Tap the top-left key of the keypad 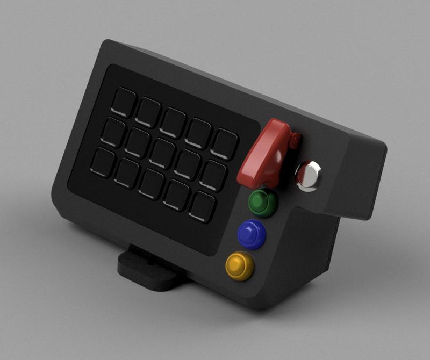pyautogui.click(x=125, y=101)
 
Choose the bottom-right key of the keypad pyautogui.click(x=202, y=206)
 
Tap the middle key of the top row pyautogui.click(x=174, y=121)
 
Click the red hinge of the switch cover pyautogui.click(x=294, y=141)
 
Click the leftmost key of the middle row pyautogui.click(x=113, y=131)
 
